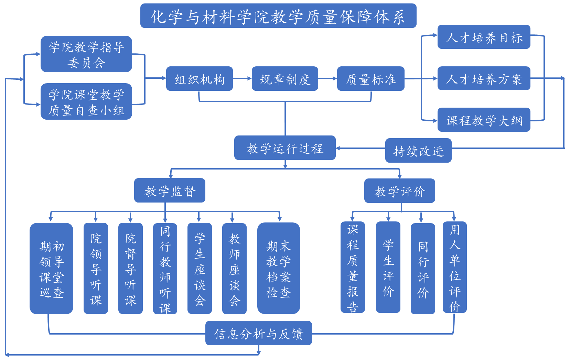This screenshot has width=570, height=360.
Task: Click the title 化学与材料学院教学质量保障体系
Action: (278, 16)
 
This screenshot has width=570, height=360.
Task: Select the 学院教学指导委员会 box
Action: (86, 54)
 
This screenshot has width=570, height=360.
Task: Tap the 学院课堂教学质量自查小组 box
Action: (86, 102)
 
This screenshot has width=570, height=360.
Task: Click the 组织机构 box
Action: (200, 79)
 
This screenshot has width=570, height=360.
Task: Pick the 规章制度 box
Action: (285, 79)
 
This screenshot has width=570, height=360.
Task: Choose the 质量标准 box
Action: (370, 79)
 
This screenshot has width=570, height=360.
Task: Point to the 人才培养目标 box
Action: (484, 37)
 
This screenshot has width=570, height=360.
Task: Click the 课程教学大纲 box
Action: (484, 120)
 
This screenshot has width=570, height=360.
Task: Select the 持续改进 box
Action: (418, 151)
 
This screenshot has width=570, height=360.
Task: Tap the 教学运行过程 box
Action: (285, 148)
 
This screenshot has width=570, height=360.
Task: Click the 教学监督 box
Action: (170, 190)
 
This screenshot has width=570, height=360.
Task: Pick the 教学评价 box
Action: (400, 191)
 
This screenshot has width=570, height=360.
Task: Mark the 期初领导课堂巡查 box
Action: (52, 269)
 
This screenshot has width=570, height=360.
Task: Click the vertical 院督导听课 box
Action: (130, 269)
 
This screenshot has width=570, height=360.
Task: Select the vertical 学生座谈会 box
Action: (200, 269)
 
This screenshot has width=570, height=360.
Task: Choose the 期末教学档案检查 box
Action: (279, 269)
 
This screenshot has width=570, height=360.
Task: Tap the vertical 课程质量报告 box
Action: (353, 267)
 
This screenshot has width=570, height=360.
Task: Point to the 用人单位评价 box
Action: (454, 267)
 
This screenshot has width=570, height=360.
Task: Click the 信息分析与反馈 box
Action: (259, 333)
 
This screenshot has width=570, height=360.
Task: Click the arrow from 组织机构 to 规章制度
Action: (242, 79)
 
